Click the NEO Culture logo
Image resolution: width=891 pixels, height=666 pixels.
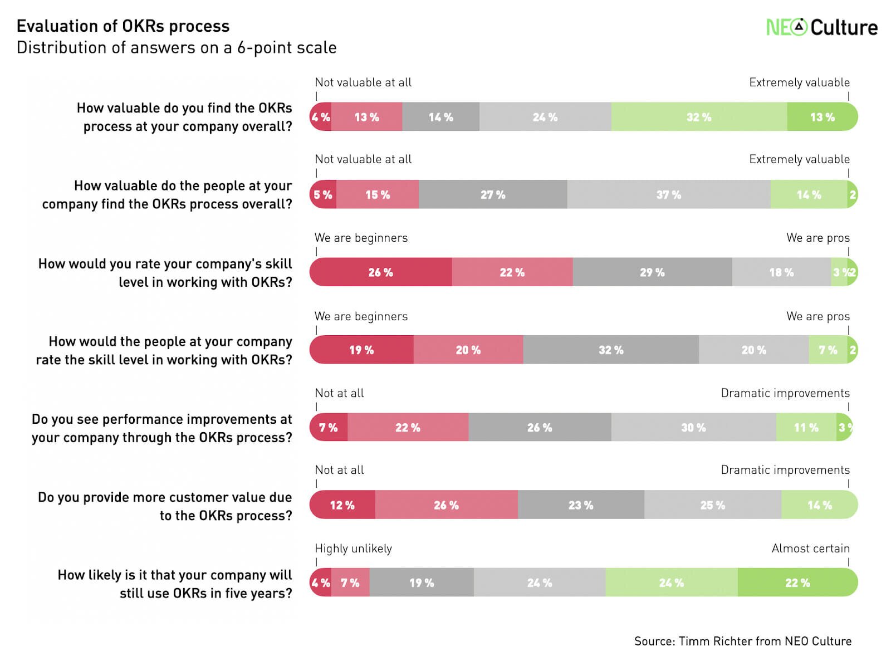click(x=821, y=27)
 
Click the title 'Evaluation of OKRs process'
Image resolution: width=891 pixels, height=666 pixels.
click(x=123, y=26)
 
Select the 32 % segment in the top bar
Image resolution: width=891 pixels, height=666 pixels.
click(x=698, y=117)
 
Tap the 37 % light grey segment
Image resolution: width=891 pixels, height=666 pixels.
click(x=668, y=194)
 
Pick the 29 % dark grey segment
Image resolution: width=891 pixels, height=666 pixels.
click(x=652, y=272)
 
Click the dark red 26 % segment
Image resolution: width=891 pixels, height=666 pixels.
click(x=380, y=272)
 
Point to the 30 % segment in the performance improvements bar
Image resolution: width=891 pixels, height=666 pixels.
click(x=693, y=428)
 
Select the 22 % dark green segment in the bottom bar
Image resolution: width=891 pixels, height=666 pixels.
click(x=797, y=582)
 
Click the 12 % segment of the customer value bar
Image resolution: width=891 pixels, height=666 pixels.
click(x=342, y=505)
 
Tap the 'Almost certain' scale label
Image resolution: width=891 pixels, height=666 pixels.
click(x=810, y=549)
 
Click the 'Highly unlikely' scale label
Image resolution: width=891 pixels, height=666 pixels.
click(x=353, y=549)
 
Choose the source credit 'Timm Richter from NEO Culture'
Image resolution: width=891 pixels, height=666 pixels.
click(x=742, y=641)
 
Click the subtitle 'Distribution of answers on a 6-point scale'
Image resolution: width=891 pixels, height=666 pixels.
click(x=177, y=48)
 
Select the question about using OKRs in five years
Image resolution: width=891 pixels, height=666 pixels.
click(x=175, y=584)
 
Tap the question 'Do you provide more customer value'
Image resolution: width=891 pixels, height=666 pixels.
click(x=165, y=506)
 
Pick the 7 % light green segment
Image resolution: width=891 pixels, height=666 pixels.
click(x=828, y=350)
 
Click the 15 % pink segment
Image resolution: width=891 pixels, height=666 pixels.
click(x=377, y=194)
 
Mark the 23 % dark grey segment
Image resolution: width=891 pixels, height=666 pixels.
click(x=580, y=505)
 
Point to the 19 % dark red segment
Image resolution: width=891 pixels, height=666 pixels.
click(x=361, y=350)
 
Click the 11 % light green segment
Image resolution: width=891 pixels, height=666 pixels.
click(x=806, y=428)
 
